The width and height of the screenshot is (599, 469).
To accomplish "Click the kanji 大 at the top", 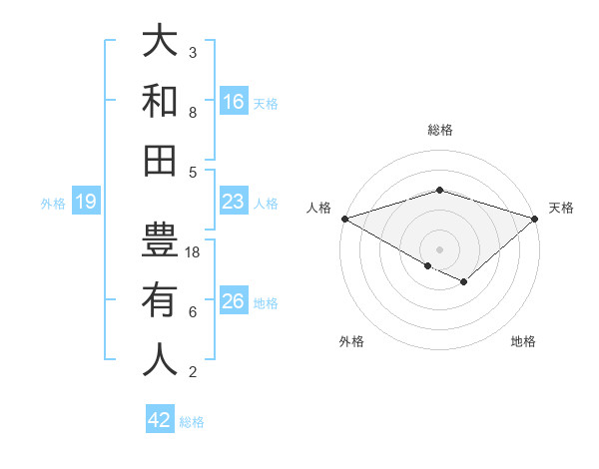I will coord(160,42).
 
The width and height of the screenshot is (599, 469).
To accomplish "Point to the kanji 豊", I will coord(160,240).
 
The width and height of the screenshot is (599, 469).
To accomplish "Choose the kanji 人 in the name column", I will coord(160,359).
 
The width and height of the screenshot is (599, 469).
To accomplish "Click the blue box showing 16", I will coord(234,101).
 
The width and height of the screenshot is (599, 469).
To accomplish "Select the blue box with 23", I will coord(234,202).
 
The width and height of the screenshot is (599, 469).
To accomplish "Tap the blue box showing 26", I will coord(234,301).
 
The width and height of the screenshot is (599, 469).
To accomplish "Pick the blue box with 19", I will coord(86,203).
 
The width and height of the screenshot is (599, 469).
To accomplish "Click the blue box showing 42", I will coord(160,420).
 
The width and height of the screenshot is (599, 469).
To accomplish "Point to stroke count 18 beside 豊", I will coord(194,252).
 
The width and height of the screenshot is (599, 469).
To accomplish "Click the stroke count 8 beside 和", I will coord(193,113).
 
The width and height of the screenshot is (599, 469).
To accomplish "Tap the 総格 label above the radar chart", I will coord(440,130).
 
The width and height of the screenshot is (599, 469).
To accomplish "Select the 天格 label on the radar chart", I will coord(561,208).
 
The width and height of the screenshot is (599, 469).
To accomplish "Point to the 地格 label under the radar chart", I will coord(523,341).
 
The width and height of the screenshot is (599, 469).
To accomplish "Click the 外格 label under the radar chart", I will coord(351,341).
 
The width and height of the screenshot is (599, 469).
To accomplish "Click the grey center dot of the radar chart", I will coord(440,248).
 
